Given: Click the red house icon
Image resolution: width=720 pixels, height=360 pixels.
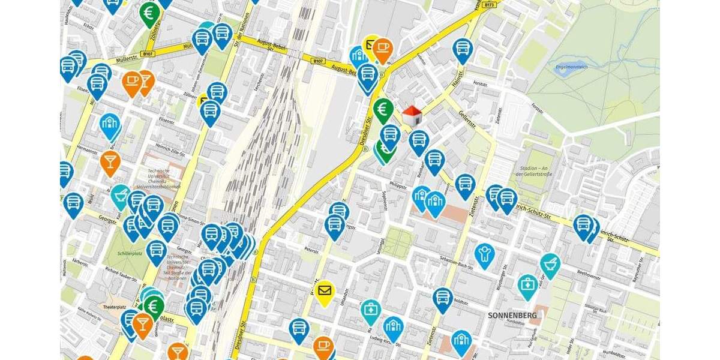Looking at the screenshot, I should pyautogui.click(x=412, y=116).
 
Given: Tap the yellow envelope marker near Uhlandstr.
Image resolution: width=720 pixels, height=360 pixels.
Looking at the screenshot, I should pyautogui.click(x=325, y=292).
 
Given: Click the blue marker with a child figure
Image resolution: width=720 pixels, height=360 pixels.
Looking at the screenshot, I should pyautogui.click(x=484, y=254).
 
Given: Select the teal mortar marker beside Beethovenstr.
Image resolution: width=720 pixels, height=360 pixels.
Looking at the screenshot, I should pyautogui.click(x=550, y=265).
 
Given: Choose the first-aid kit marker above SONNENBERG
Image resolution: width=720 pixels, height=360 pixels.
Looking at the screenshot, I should pyautogui.click(x=527, y=286).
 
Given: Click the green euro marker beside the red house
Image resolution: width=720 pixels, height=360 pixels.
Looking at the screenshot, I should pyautogui.click(x=383, y=110).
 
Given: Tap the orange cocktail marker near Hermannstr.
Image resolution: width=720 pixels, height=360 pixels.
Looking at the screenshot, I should pyautogui.click(x=110, y=162).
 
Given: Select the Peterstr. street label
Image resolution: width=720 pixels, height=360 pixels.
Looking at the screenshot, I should pyautogui.click(x=310, y=248).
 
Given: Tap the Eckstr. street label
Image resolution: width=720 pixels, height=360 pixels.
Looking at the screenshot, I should pyautogui.click(x=90, y=26).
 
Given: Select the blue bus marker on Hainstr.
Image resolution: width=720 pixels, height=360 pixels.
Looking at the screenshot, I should pyautogui.click(x=462, y=49).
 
